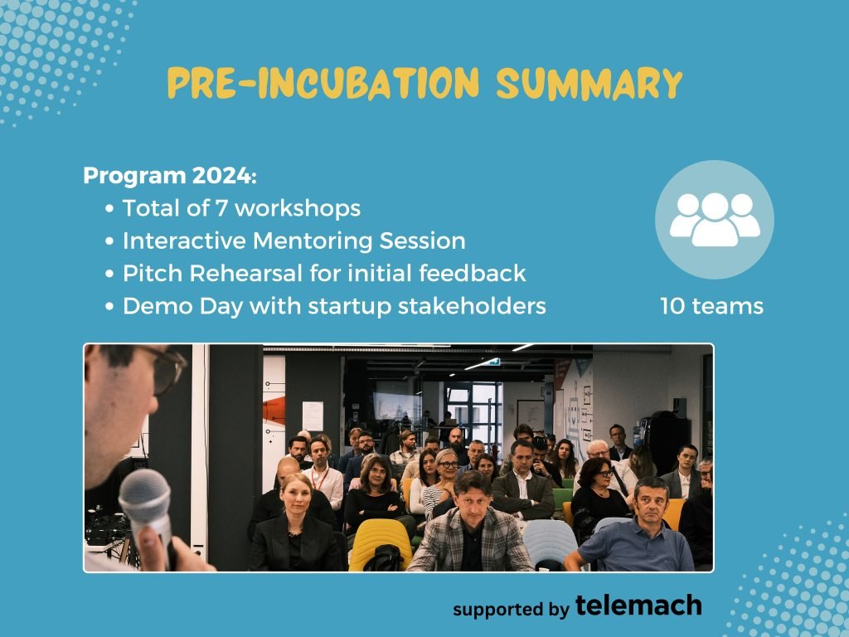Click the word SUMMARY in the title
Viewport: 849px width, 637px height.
pyautogui.click(x=589, y=84)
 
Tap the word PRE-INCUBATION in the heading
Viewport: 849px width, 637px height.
pyautogui.click(x=323, y=83)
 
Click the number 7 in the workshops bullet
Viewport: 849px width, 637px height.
pyautogui.click(x=221, y=208)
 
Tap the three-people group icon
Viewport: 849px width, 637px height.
pyautogui.click(x=715, y=219)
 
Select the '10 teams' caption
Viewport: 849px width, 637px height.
pyautogui.click(x=711, y=306)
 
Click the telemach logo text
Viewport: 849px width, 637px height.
pyautogui.click(x=638, y=605)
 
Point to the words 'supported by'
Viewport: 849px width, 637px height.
pyautogui.click(x=511, y=609)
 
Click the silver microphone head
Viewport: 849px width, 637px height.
pyautogui.click(x=144, y=497)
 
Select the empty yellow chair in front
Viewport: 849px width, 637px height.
pyautogui.click(x=380, y=544)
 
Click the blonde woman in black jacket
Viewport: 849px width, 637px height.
pyautogui.click(x=295, y=523)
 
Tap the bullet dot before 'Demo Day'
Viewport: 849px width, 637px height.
pyautogui.click(x=109, y=306)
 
